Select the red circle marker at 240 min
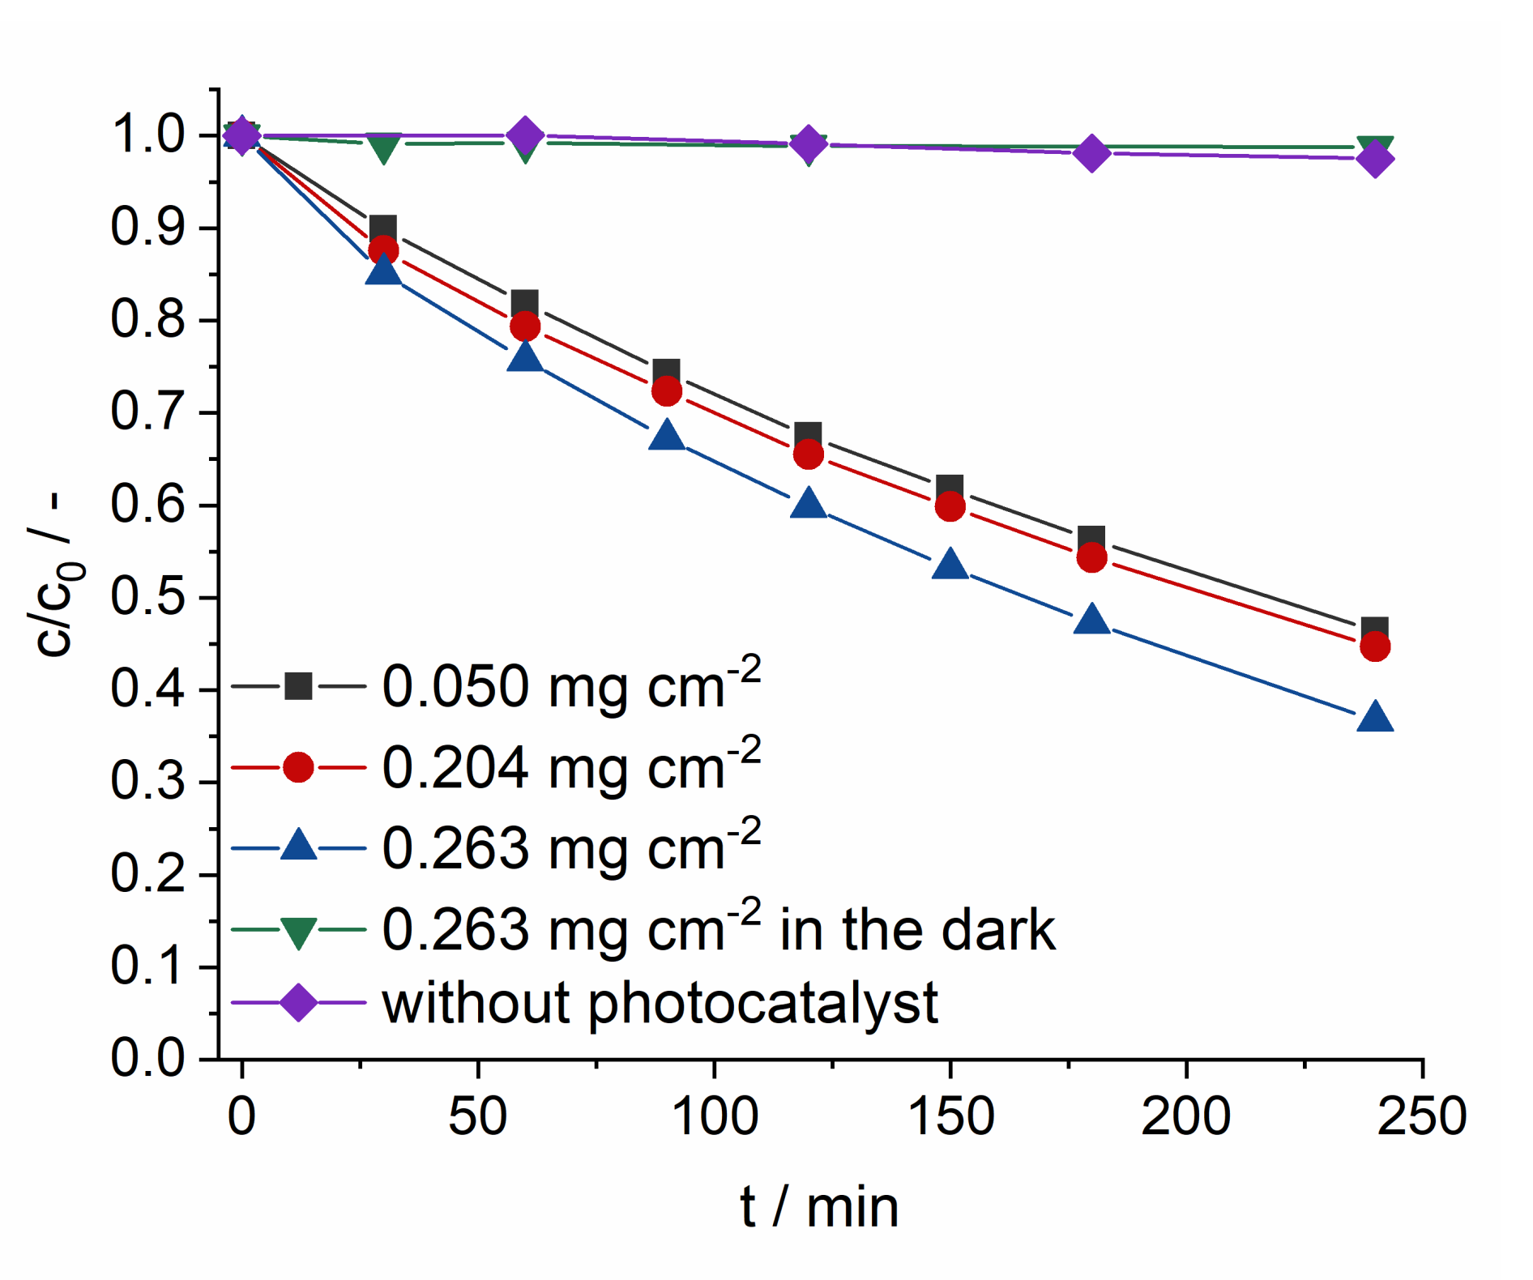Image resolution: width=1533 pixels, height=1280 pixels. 1375,646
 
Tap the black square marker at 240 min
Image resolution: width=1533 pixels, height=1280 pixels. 1374,630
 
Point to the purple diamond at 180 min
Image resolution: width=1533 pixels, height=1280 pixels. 1091,152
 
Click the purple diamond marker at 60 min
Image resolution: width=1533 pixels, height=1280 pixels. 525,135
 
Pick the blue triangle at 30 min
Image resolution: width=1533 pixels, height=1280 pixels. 383,270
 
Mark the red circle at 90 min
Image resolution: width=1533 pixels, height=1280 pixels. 666,391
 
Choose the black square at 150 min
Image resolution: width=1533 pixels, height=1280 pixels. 950,489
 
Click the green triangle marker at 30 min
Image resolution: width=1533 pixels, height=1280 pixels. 383,147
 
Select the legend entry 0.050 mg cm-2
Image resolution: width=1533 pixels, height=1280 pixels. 570,686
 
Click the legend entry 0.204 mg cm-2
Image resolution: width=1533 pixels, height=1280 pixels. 570,767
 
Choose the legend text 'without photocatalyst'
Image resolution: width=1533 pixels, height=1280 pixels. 660,1003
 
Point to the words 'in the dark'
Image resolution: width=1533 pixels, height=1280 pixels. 917,929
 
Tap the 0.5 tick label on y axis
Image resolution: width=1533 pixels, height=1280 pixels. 147,597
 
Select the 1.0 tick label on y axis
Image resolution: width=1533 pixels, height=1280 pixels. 147,135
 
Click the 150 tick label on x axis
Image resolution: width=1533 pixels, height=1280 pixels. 950,1116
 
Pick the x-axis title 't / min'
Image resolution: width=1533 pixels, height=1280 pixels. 819,1207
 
